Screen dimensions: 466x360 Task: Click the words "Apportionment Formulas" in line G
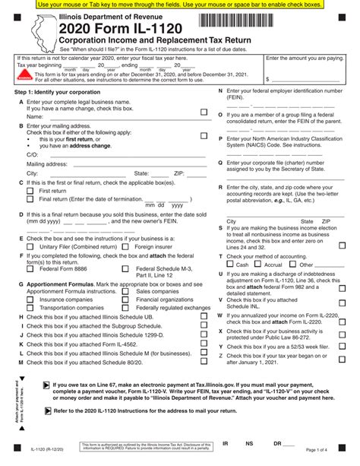point(55,282)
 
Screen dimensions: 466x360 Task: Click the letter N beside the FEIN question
point(220,91)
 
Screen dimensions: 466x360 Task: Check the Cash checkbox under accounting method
point(230,265)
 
